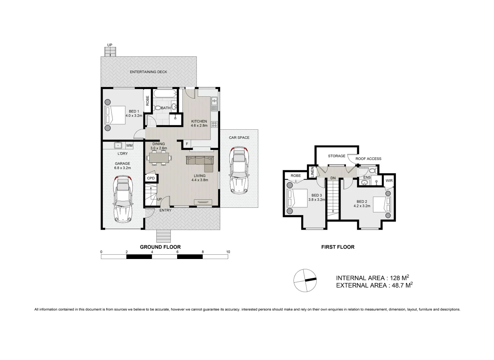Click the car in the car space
(x=239, y=170)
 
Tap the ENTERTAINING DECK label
(x=148, y=72)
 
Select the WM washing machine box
(x=129, y=145)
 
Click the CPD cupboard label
(x=151, y=178)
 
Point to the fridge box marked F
(x=187, y=144)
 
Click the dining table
(x=159, y=158)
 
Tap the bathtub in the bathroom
(x=165, y=93)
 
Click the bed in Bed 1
(x=115, y=115)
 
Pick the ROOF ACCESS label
(x=368, y=159)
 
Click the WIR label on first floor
(x=389, y=181)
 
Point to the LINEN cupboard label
(x=312, y=172)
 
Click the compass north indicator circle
(x=305, y=280)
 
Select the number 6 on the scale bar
(x=177, y=252)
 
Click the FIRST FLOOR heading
(x=338, y=247)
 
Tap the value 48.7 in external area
(x=398, y=285)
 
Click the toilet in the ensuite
(x=372, y=171)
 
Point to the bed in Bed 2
(x=382, y=204)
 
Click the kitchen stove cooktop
(x=214, y=124)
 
